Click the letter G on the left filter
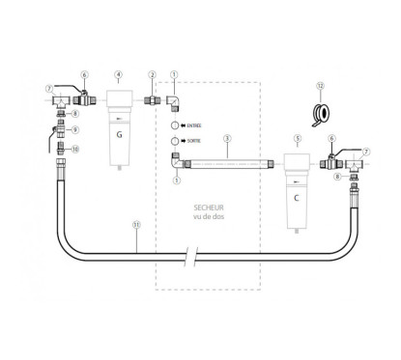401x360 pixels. [x=118, y=135]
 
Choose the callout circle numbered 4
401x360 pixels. [x=118, y=73]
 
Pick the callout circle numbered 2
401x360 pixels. [x=152, y=73]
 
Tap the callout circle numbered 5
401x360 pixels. [x=298, y=137]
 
